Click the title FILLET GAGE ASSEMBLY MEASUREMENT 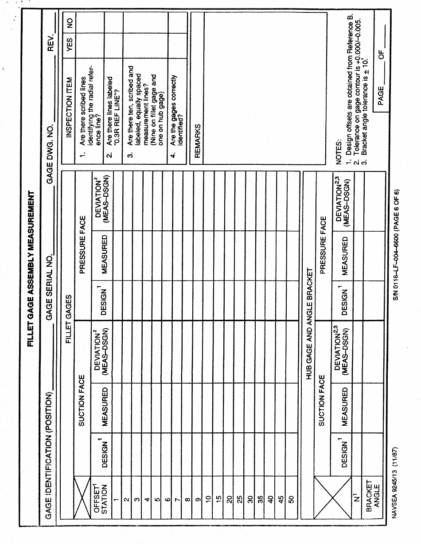click(x=32, y=272)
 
